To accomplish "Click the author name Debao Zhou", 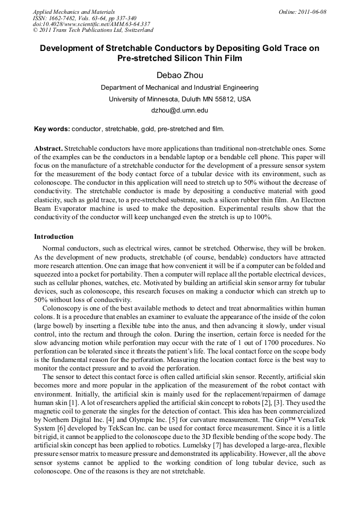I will [x=179, y=75].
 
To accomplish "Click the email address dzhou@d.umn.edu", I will [x=179, y=111].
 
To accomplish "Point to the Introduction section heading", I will [x=54, y=236].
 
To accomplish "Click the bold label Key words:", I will [x=52, y=129].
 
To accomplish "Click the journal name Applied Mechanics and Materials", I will [x=73, y=12].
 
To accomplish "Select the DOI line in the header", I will [x=91, y=24].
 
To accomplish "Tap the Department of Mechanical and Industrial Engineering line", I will [x=179, y=88].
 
